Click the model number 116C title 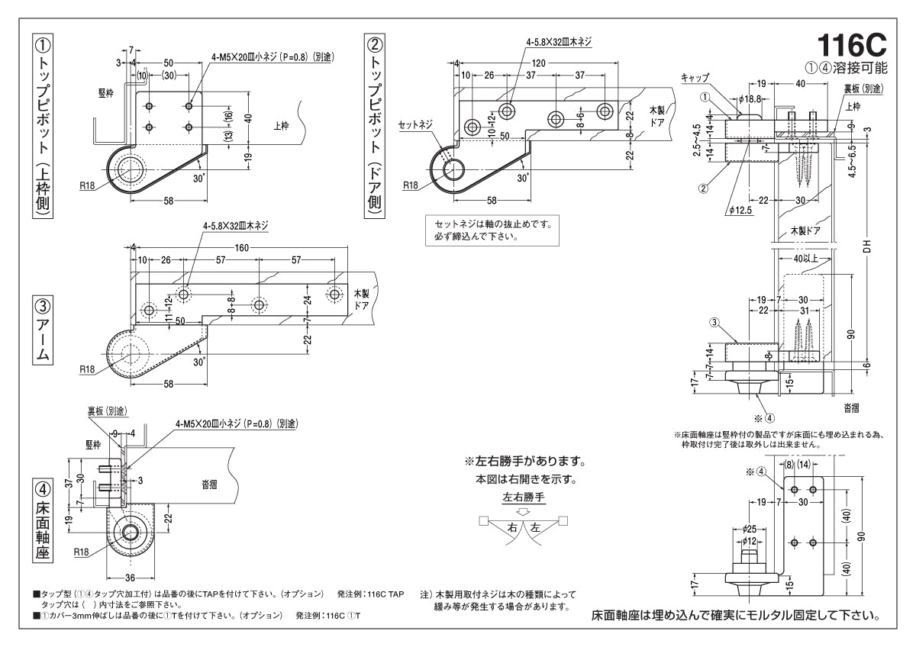tap(851, 41)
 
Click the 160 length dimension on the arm tap(241, 247)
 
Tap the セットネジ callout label tap(415, 124)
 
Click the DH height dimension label tap(866, 248)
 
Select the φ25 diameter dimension tap(749, 528)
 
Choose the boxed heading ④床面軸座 tap(43, 520)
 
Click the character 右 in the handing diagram tap(512, 527)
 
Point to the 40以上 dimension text tap(805, 259)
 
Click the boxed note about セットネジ tap(491, 230)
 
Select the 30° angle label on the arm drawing tap(199, 362)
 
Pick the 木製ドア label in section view tap(805, 230)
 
